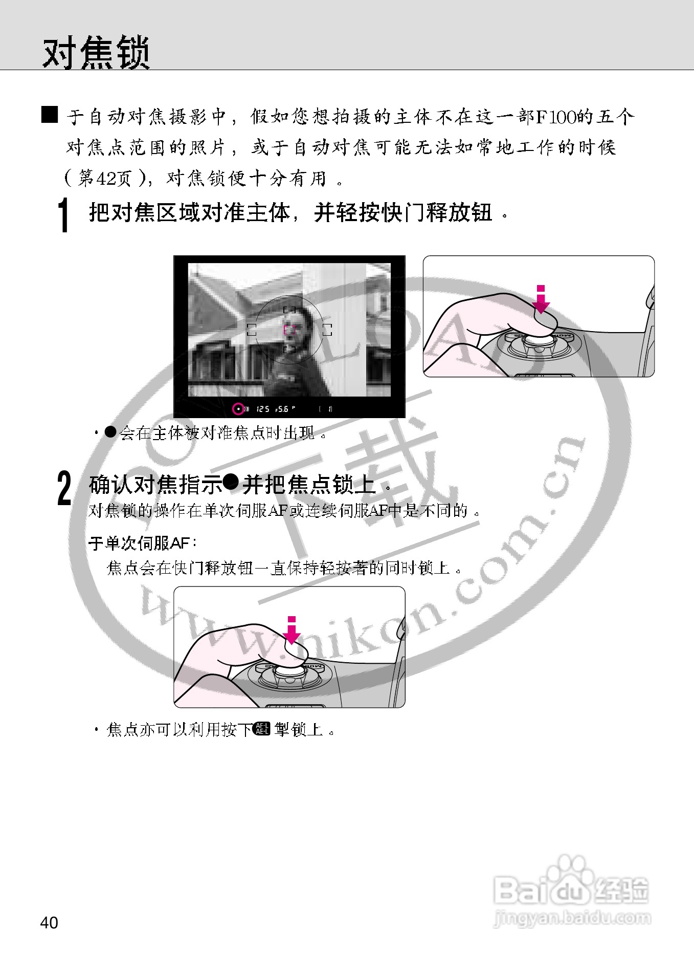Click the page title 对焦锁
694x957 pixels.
click(96, 52)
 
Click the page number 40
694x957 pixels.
click(49, 922)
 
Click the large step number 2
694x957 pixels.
click(64, 488)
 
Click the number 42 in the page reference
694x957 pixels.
click(106, 178)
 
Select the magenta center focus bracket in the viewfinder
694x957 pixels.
click(289, 330)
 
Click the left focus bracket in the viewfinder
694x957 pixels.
click(252, 330)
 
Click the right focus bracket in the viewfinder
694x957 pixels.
click(327, 330)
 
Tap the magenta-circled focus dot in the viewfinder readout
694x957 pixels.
click(238, 409)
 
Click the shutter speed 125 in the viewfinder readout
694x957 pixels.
click(263, 409)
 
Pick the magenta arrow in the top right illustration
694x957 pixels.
click(541, 301)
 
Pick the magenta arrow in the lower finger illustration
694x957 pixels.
click(292, 632)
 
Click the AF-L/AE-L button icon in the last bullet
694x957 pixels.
click(262, 728)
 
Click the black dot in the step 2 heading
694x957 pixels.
click(231, 482)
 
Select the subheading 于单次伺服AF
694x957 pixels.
click(143, 542)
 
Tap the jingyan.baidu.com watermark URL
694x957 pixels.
click(572, 917)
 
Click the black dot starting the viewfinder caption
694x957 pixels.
click(110, 432)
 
